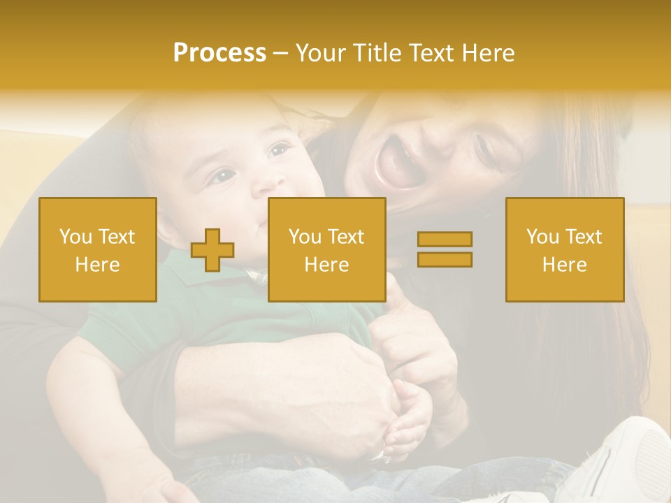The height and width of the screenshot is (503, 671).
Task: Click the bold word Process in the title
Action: [219, 53]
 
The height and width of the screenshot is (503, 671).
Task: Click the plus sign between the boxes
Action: [212, 249]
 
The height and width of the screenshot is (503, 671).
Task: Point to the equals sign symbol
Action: [445, 249]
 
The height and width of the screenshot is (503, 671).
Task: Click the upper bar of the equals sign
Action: [445, 240]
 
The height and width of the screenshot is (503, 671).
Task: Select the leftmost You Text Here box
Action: [98, 249]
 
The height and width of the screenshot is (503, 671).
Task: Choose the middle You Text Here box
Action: [326, 249]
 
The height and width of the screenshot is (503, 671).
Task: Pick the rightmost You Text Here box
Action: [564, 249]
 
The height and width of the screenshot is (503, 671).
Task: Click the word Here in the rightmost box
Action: [564, 264]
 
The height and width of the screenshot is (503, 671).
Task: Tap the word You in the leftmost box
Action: [75, 236]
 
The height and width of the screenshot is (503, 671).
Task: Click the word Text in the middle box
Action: [344, 236]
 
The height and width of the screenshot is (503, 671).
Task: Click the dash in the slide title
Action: [280, 54]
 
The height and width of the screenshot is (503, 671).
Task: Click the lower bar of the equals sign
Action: [445, 259]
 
